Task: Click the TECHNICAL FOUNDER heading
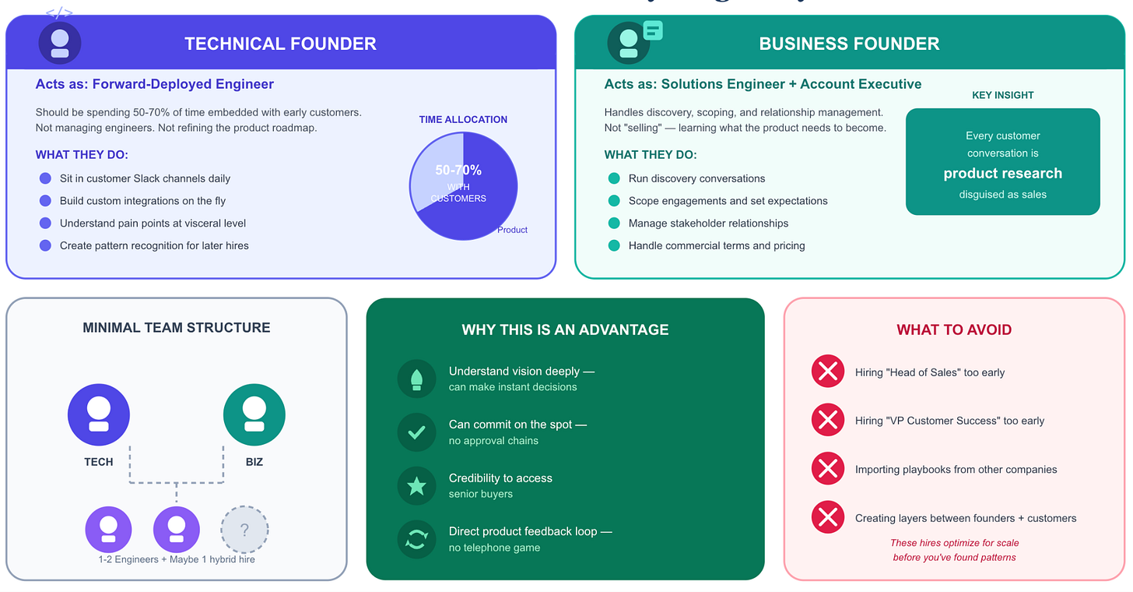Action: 280,44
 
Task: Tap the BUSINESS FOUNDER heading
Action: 849,44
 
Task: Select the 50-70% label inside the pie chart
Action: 458,170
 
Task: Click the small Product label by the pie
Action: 512,230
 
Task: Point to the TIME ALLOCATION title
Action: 463,119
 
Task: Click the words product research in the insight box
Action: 1002,173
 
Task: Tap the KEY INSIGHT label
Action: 1002,95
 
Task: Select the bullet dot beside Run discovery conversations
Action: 614,178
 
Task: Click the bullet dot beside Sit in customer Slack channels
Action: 45,178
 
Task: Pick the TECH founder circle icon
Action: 99,414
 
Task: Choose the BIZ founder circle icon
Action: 254,414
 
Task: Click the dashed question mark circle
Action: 244,530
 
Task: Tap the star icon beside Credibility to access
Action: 416,486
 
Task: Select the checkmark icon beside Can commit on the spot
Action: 416,432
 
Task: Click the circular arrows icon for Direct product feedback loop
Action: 416,539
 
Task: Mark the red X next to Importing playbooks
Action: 828,469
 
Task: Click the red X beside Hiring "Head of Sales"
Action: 828,372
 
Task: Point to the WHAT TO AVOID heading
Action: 954,329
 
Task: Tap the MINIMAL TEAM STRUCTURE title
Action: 177,328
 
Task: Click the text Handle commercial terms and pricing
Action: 717,245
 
